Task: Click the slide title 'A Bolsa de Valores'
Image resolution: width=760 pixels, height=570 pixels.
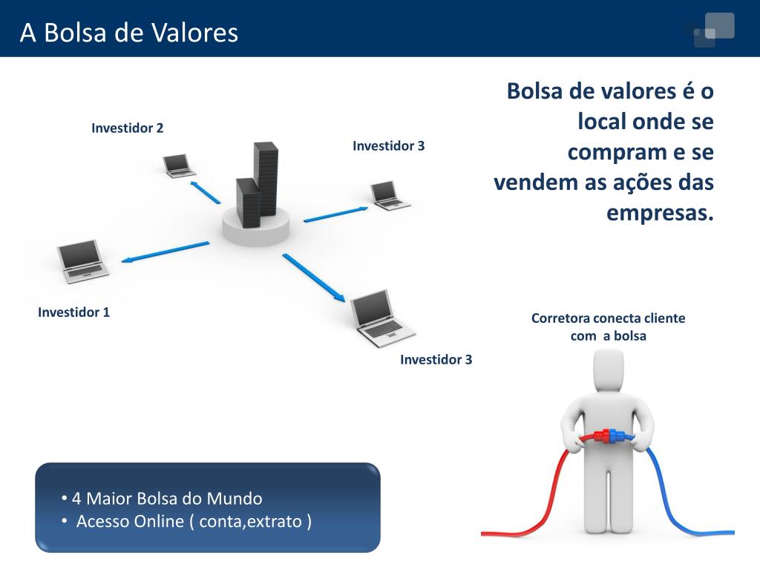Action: point(129,33)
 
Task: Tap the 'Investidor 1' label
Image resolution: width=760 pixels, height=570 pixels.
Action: point(73,312)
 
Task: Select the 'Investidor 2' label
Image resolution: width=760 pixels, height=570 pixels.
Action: point(127,128)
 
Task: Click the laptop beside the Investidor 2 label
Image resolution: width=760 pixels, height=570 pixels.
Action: point(179,165)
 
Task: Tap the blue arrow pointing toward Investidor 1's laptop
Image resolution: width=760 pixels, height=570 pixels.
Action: point(165,251)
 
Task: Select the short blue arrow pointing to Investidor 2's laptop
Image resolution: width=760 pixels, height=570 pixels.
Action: point(206,191)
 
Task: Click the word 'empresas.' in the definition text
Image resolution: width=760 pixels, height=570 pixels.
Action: point(659,213)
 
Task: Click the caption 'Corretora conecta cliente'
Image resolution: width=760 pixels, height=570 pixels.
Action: point(608,318)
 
